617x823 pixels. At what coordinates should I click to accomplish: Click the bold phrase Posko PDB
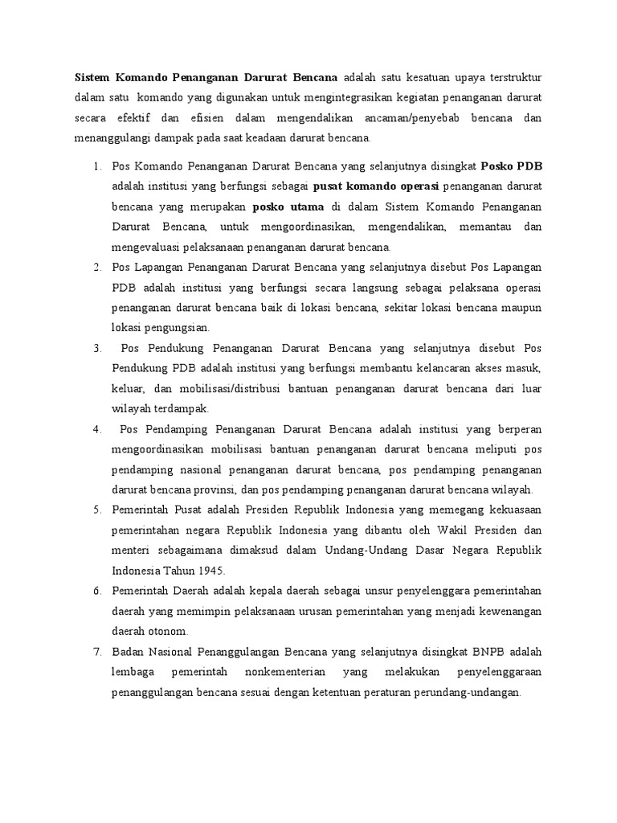[x=511, y=166]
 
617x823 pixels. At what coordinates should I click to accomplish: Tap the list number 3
[x=96, y=348]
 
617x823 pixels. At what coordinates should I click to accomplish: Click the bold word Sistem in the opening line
[x=92, y=78]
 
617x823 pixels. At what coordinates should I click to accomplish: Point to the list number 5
[x=96, y=510]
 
